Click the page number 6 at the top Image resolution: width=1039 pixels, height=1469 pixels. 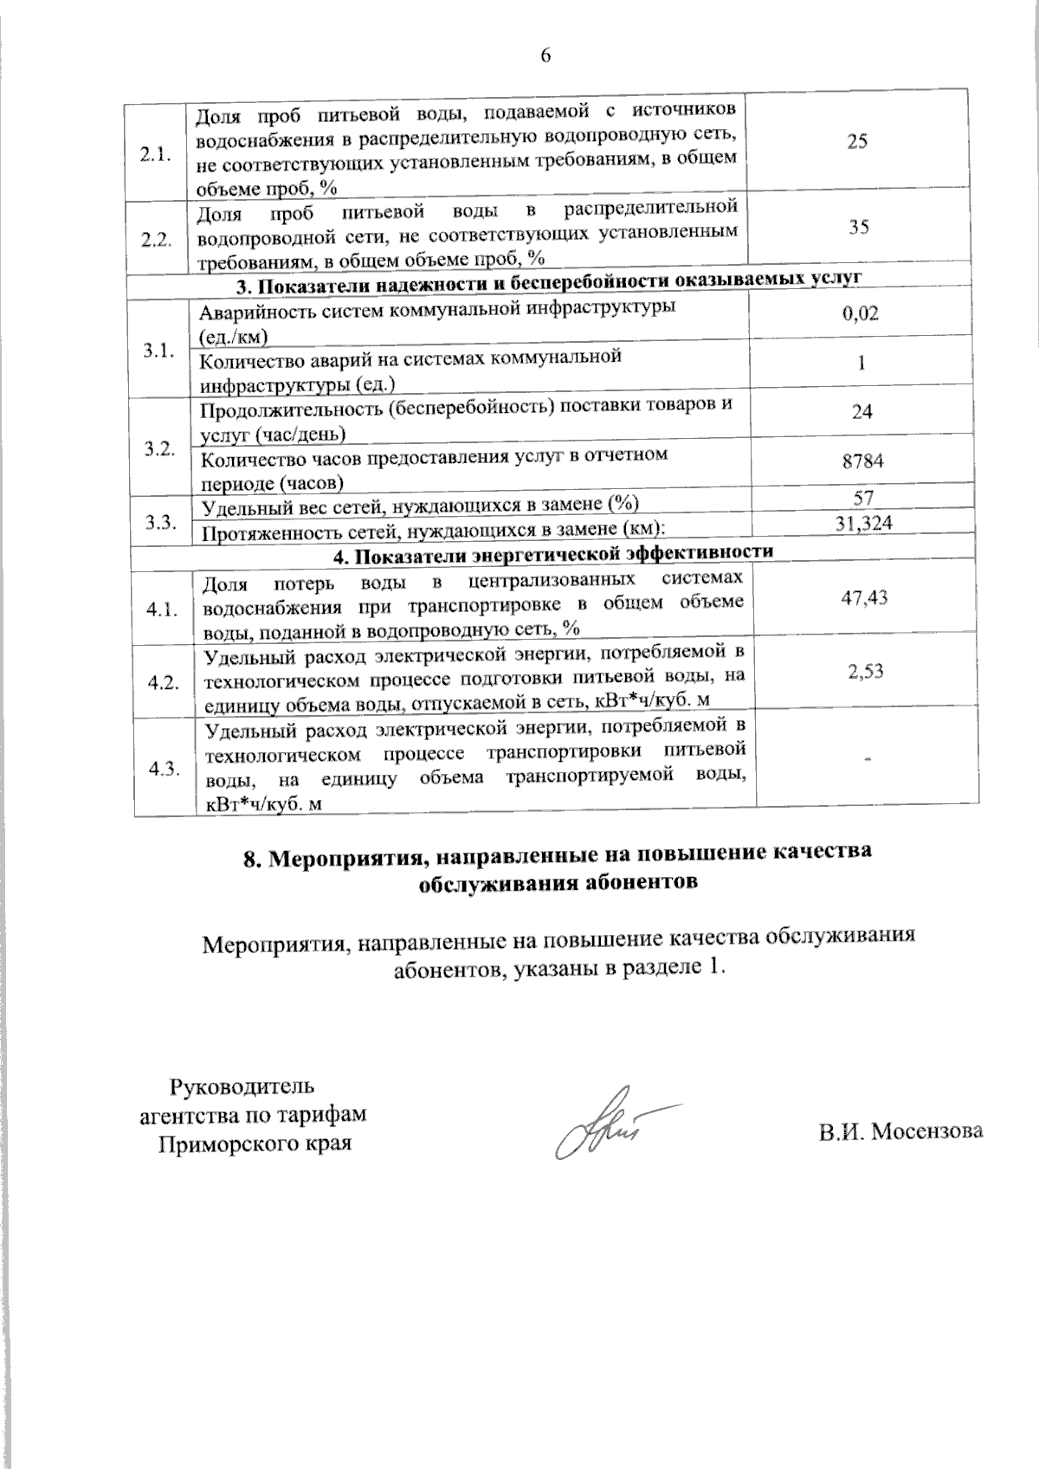545,56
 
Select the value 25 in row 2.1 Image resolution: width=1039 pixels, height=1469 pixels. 857,142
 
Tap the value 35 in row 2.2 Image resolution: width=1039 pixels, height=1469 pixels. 859,228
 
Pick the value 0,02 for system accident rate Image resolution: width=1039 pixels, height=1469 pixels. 861,313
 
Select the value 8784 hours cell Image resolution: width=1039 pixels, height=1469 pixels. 863,461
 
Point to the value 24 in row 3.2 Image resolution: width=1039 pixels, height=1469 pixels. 862,411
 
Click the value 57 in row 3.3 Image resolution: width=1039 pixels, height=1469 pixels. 863,498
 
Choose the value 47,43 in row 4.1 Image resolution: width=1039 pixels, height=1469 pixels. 865,597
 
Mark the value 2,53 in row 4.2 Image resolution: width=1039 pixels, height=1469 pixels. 867,671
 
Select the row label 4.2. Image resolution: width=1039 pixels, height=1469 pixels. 163,682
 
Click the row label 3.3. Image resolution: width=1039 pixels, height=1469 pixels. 160,522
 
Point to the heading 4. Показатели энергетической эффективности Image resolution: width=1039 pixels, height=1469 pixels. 554,552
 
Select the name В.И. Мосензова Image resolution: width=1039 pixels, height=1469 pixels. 900,1131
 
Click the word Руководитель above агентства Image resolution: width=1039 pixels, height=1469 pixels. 242,1086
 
